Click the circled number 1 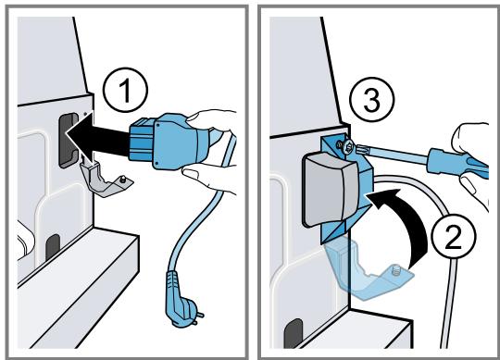tap(125, 90)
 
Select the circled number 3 tap(372, 99)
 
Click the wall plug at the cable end tap(182, 300)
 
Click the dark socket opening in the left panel tap(68, 140)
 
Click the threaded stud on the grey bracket tap(122, 180)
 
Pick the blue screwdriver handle tap(458, 163)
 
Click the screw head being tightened tap(348, 146)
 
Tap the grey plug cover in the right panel tap(331, 191)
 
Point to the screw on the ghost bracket tap(394, 271)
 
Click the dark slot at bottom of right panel tap(293, 333)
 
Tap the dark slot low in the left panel tap(53, 247)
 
